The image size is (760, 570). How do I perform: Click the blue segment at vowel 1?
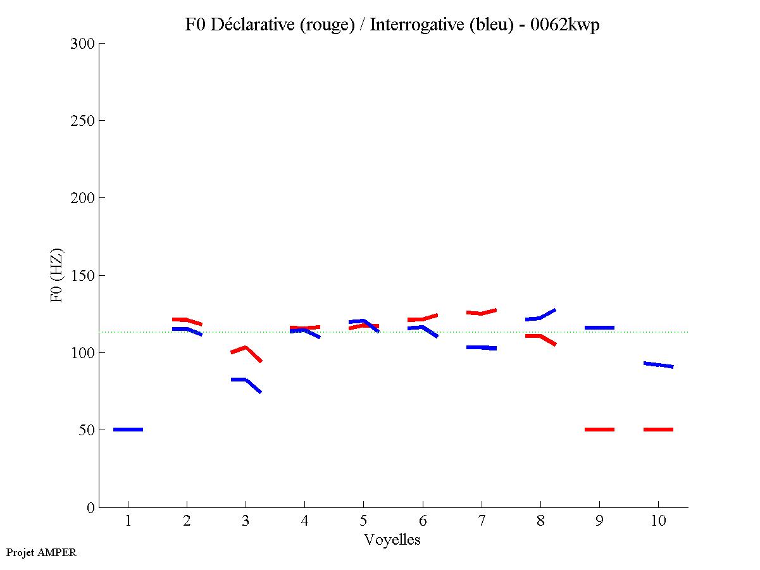coord(128,430)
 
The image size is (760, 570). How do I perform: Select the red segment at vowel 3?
coord(246,349)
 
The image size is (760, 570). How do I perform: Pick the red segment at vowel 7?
coord(481,313)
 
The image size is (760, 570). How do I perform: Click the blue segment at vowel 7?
coord(481,347)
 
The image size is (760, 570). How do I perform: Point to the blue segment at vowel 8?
coord(540,317)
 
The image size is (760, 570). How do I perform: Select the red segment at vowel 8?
coord(540,337)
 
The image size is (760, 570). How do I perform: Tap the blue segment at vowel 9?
coord(599,328)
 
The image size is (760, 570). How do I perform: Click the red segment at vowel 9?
coord(599,430)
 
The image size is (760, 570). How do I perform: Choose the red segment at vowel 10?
coord(658,430)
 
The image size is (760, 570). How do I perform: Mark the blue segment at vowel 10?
coord(658,365)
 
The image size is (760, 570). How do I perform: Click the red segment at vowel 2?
coord(187,320)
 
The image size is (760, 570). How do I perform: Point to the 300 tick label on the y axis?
coord(83,44)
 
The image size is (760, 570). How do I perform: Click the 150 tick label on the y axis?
coord(83,276)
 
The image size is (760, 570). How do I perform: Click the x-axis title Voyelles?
coord(392,540)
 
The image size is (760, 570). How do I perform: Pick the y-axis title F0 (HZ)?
coord(57,275)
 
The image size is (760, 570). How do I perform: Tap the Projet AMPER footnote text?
coord(41,552)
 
